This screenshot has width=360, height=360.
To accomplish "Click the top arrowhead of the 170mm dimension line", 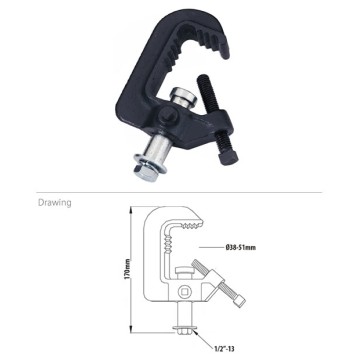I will pos(133,213).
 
